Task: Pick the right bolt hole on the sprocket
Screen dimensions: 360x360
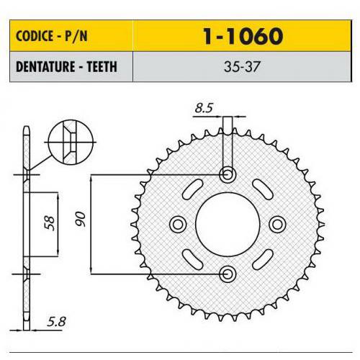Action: tap(278, 223)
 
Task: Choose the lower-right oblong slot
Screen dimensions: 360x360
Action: tap(263, 257)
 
